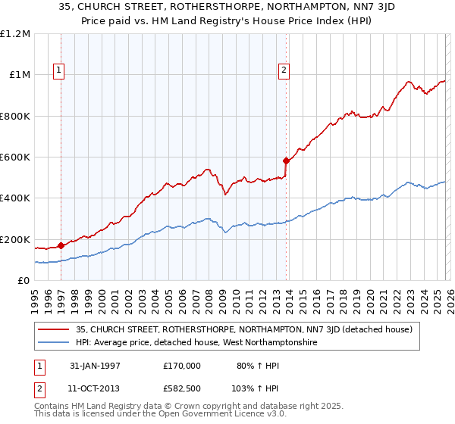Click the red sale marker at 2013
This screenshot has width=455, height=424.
point(286,161)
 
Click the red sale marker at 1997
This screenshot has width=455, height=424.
point(61,245)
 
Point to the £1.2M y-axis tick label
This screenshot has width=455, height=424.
point(16,34)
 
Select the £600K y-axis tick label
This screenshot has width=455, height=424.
point(16,157)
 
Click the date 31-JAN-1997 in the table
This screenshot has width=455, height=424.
point(94,365)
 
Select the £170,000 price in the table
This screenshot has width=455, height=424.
point(181,365)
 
